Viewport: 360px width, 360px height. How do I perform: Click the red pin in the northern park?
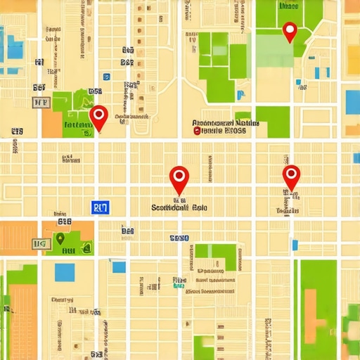pyautogui.click(x=289, y=31)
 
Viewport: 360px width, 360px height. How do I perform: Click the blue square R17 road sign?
pyautogui.click(x=101, y=207)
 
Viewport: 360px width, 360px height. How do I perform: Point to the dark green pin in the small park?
pyautogui.click(x=61, y=239)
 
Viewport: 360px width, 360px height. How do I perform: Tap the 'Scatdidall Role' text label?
pyautogui.click(x=180, y=208)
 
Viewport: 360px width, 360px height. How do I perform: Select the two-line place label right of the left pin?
pyautogui.click(x=226, y=127)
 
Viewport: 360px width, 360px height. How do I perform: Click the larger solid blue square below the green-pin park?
pyautogui.click(x=65, y=271)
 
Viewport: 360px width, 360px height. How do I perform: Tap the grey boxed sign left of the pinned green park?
pyautogui.click(x=41, y=103)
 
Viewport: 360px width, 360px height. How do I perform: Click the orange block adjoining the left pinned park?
pyautogui.click(x=52, y=123)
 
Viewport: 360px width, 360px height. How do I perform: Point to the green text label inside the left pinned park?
pyautogui.click(x=77, y=126)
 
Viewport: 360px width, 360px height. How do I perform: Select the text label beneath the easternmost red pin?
pyautogui.click(x=288, y=210)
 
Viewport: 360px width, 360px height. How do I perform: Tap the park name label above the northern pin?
pyautogui.click(x=288, y=6)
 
